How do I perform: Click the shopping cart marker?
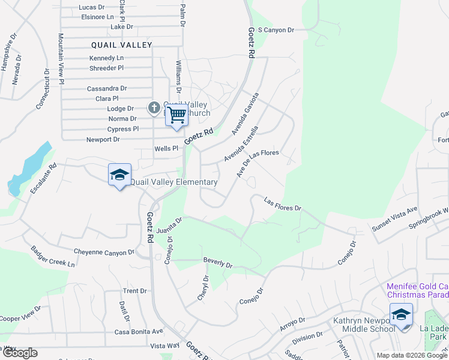point(177,114)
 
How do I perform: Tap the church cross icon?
point(154,109)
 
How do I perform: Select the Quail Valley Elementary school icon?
point(120,175)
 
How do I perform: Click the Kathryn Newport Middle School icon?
point(401,314)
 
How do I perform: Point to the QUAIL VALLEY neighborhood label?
point(122,45)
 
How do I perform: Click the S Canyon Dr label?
point(276,29)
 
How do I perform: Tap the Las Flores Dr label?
point(282,205)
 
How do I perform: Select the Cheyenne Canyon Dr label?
point(100,252)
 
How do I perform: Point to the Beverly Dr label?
point(217,263)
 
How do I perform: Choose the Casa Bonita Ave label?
point(139,331)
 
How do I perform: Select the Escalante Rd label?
point(43,178)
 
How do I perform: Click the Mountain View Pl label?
point(61,58)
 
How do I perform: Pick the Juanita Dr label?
point(169,227)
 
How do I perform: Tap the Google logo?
point(19,353)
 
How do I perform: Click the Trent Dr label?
point(134,291)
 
